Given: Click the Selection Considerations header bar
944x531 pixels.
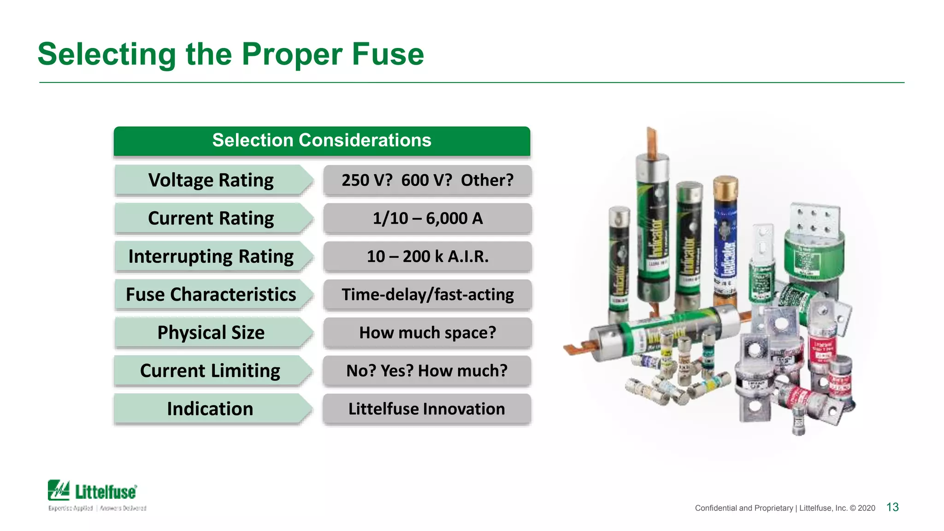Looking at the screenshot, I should point(322,141).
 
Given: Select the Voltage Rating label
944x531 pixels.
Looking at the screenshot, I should point(211,180).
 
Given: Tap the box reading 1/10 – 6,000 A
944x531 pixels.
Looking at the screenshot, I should point(427,218).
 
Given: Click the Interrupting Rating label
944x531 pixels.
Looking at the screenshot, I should point(211,257).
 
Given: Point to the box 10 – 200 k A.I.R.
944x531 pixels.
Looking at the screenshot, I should point(427,257).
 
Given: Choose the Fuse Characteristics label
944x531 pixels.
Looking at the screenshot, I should point(211,295).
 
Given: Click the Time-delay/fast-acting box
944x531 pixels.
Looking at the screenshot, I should point(427,295).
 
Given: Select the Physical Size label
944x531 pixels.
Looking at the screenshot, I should point(211,333).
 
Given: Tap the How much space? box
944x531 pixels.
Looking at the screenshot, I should point(427,333).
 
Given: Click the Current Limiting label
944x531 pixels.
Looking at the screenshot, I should point(210,371).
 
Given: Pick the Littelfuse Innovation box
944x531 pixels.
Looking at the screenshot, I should point(426,409).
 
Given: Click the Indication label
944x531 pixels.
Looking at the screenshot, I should point(210,409).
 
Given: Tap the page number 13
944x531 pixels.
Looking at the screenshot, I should point(892,507).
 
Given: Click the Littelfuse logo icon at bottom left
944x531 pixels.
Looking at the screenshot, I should point(59,490).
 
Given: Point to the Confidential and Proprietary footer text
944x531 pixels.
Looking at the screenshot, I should point(785,508).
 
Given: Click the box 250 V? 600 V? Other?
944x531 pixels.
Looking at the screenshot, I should point(427,180).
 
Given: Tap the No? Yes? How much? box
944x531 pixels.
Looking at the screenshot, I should point(426,371).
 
